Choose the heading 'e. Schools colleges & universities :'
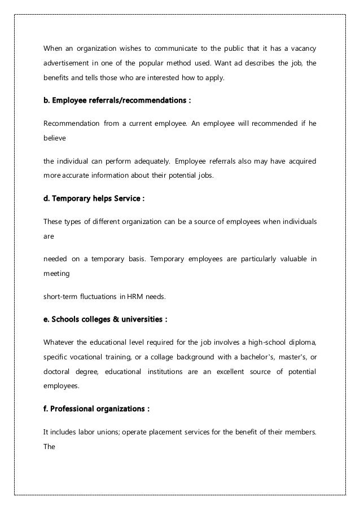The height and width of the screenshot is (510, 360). click(105, 319)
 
